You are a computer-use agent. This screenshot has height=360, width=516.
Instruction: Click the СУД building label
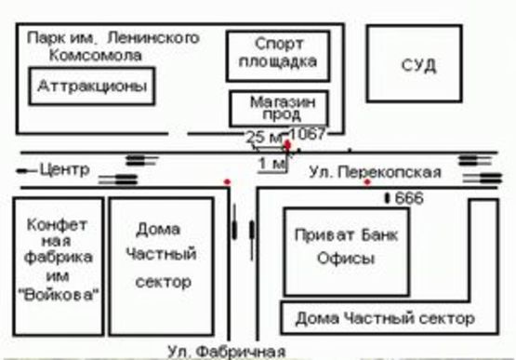coord(418,65)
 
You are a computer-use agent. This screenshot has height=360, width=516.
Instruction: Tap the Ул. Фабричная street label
coord(227,351)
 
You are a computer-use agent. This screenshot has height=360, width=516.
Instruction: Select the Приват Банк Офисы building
coord(345,248)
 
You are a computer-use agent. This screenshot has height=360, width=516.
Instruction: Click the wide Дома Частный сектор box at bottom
coord(385,319)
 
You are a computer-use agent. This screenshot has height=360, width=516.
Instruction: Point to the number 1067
coord(309,134)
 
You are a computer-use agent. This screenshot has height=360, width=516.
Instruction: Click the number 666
coord(409,199)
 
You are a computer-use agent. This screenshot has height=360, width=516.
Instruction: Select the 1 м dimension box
coord(271,164)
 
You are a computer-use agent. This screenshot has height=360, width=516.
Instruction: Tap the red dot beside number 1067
coord(288,145)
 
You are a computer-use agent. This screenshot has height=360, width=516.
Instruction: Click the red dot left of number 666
coord(367,181)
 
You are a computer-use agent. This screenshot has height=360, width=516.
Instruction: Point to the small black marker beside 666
coord(388,199)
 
